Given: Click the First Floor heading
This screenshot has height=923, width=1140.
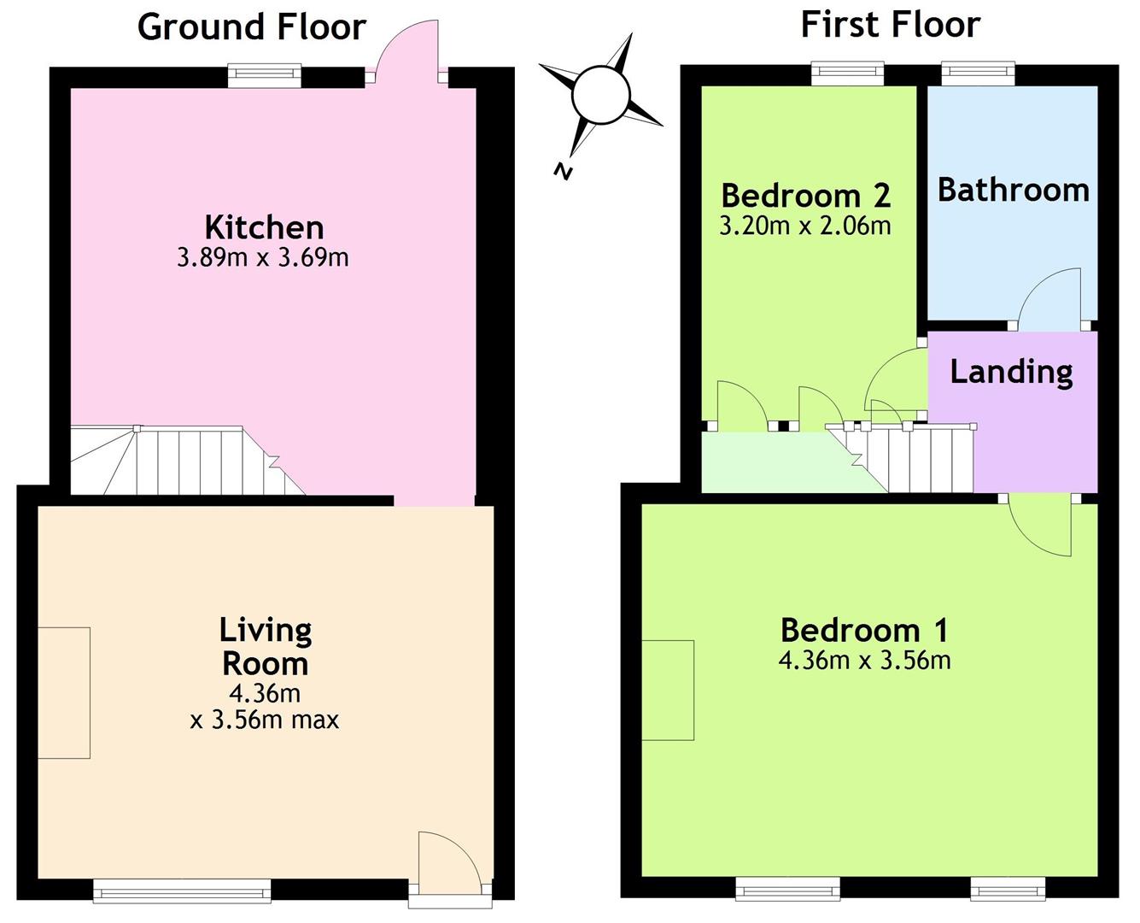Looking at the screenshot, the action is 890,25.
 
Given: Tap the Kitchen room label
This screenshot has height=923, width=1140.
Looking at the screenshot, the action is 265,227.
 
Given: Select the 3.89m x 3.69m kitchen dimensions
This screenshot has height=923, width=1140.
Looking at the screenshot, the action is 263,258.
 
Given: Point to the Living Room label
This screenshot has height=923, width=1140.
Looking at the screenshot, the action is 266,647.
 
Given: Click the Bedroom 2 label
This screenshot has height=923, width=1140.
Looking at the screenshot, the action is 806,196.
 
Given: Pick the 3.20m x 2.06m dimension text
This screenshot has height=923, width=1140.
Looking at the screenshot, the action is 805,226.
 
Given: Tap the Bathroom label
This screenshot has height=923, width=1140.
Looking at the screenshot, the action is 1013,191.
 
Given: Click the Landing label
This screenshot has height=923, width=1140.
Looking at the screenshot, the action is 1012,373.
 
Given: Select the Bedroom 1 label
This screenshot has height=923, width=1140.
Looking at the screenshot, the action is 864,630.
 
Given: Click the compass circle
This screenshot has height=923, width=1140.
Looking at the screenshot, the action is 600,96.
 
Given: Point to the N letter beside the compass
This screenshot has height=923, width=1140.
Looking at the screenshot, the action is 563,171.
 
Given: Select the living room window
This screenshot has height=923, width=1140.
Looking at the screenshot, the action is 182,892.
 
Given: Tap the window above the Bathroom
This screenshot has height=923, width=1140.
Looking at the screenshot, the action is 979,73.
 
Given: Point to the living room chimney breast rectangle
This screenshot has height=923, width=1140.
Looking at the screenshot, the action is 64,692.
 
